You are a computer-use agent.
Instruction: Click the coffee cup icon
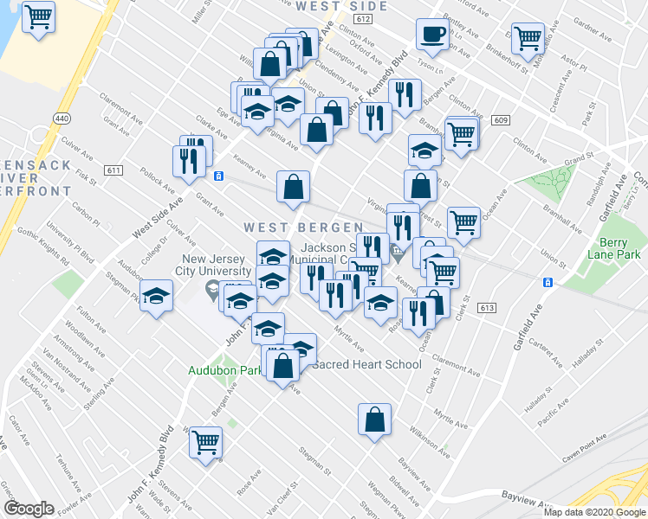click(x=431, y=35)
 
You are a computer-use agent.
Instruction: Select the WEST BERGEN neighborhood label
click(x=303, y=227)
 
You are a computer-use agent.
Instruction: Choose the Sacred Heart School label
click(x=366, y=364)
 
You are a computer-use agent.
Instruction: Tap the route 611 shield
click(x=114, y=170)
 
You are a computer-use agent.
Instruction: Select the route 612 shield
click(x=363, y=19)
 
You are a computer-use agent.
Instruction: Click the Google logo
click(x=29, y=509)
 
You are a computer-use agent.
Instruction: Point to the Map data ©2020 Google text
click(x=594, y=512)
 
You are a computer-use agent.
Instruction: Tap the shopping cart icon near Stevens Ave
click(x=206, y=443)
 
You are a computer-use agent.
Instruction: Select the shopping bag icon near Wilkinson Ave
click(x=373, y=420)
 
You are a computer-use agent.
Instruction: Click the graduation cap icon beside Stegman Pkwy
click(x=155, y=296)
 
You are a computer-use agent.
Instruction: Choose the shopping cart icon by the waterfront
click(x=37, y=16)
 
